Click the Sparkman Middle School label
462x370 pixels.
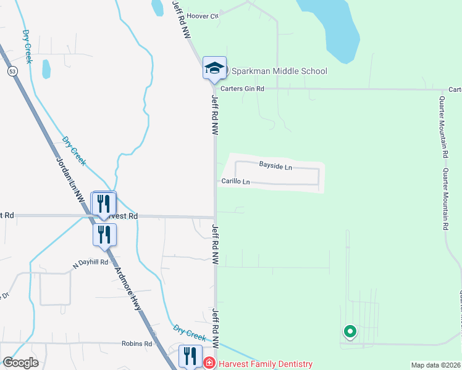(279, 71)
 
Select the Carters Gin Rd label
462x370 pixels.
(244, 89)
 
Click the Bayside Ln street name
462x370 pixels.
(275, 165)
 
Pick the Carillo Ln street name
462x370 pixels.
(237, 182)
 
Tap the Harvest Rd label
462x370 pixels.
(121, 216)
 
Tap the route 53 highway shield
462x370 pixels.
(12, 72)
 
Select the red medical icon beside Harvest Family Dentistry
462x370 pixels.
(209, 364)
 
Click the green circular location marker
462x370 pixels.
(350, 332)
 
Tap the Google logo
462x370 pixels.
(20, 363)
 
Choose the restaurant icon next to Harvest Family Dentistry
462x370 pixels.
(190, 356)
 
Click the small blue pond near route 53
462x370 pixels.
(46, 68)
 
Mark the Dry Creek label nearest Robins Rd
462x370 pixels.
(190, 333)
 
